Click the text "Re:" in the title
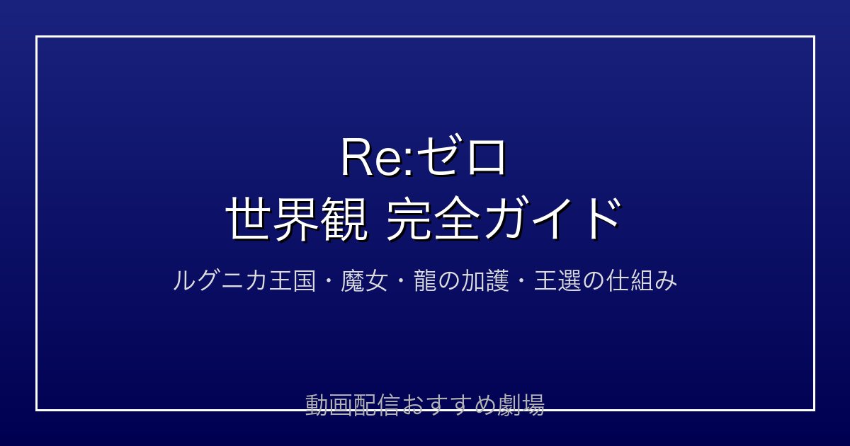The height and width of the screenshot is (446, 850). pos(376,157)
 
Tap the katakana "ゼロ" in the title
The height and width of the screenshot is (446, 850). pos(460,156)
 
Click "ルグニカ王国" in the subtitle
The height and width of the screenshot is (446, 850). pos(244,281)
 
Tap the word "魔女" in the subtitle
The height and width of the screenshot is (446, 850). pos(364,281)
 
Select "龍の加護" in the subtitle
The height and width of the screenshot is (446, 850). pos(461,281)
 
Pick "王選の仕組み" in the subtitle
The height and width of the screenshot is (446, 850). pos(605,281)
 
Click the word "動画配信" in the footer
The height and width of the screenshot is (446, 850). pos(352,405)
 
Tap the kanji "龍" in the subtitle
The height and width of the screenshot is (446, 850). pos(425,281)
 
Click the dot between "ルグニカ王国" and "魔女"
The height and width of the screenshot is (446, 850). pos(328,281)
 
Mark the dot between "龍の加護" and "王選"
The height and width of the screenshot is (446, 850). pos(521,281)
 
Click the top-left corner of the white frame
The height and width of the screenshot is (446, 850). pos(36,36)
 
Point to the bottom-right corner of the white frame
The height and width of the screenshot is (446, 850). pos(815,410)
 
